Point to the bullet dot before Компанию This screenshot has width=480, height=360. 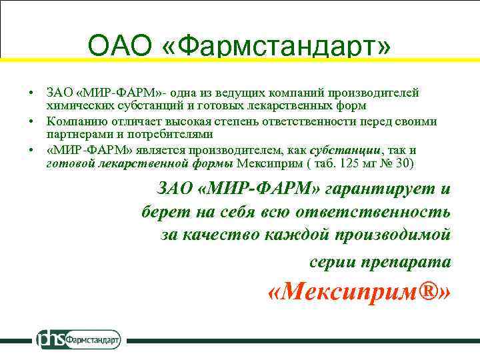pyautogui.click(x=31, y=121)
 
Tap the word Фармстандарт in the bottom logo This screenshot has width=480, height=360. pyautogui.click(x=93, y=339)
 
